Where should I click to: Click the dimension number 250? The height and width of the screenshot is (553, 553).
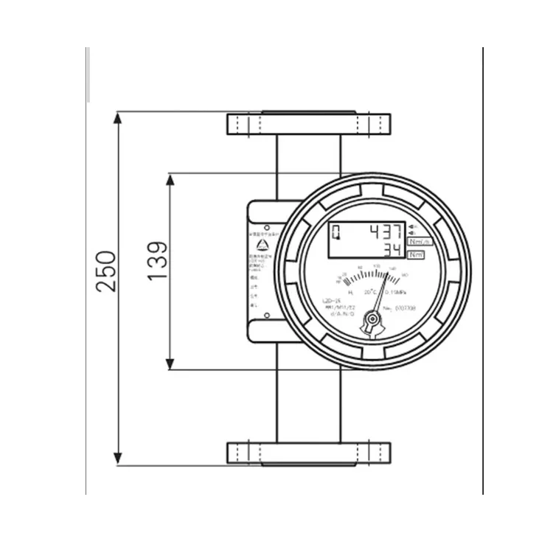(106, 271)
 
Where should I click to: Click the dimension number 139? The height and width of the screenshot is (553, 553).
(158, 262)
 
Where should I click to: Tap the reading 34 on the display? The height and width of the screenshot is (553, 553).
(394, 249)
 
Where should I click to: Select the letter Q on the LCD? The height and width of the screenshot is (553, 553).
(336, 234)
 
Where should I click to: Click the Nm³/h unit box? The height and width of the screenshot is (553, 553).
(420, 241)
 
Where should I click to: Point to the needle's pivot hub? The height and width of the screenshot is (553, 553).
(375, 319)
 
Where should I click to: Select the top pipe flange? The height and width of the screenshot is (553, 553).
(308, 124)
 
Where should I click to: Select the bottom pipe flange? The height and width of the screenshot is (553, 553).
(308, 453)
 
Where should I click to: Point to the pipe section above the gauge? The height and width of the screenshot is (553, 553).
(308, 155)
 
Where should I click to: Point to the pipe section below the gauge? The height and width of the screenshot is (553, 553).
(308, 406)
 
